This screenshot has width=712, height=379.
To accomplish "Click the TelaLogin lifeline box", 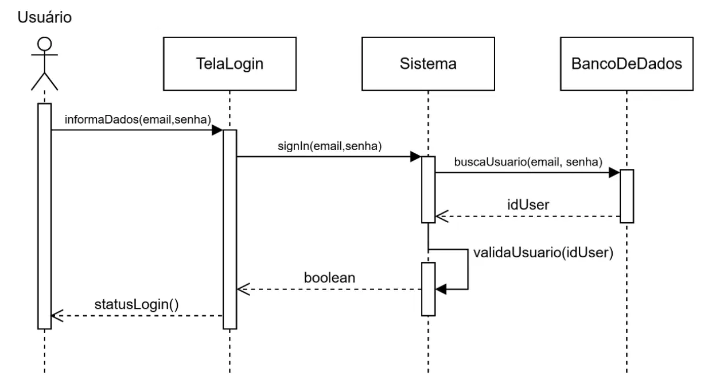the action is tap(230, 64).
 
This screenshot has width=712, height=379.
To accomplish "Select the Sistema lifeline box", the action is tap(428, 64).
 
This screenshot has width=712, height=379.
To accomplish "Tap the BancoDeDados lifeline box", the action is tap(627, 64).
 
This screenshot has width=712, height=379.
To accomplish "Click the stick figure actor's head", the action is tap(45, 44).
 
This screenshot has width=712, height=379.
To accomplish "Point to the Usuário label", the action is tap(45, 17).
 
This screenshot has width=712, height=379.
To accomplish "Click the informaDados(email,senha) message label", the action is tap(138, 119).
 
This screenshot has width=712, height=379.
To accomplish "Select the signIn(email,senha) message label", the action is tap(330, 146).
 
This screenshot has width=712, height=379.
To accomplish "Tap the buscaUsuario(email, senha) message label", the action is tap(528, 162).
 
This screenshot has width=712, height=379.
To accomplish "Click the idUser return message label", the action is tap(528, 204).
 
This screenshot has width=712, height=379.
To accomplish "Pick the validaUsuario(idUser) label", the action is tap(543, 253).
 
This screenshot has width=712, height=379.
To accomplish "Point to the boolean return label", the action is tap(330, 278).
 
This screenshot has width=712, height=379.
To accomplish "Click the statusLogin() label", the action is tap(137, 304).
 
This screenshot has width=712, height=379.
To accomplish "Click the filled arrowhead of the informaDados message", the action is tap(217, 130).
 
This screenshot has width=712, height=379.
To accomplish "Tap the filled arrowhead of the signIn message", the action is tap(416, 157).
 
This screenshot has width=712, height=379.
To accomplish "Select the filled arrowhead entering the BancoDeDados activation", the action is tap(614, 173).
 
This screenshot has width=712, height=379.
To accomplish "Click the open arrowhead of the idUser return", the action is tap(441, 216).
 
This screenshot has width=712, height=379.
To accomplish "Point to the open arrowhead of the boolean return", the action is tap(243, 289).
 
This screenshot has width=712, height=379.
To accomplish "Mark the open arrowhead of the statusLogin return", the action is tap(57, 316).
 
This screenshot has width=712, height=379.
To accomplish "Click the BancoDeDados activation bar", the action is tap(627, 196).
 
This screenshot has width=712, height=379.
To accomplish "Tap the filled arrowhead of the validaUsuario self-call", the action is tap(441, 289).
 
